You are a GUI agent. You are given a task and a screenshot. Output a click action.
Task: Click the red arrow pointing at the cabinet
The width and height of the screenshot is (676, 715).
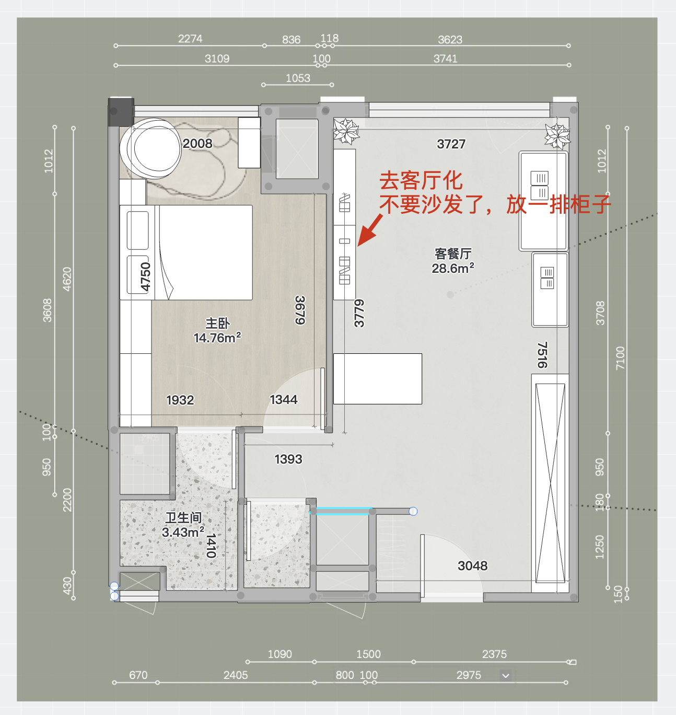(370, 230)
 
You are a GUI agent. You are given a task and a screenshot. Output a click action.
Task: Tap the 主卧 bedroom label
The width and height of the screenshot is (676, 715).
(217, 324)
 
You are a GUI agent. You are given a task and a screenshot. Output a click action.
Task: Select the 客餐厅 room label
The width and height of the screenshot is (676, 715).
(453, 253)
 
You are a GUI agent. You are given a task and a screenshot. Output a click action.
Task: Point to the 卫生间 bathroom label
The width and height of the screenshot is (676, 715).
(183, 517)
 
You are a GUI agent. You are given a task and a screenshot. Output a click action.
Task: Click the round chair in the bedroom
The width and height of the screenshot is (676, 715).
(150, 148)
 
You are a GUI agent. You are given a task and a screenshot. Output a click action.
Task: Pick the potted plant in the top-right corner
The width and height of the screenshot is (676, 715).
(557, 136)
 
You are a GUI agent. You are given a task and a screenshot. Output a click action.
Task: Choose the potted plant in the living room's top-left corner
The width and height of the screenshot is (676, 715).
(346, 131)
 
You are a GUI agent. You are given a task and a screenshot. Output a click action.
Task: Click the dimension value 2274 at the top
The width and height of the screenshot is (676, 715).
(190, 39)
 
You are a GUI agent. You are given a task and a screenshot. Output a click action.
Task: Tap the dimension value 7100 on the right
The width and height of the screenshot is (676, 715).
(620, 358)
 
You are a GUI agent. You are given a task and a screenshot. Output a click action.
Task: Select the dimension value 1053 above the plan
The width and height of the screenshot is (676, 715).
(298, 78)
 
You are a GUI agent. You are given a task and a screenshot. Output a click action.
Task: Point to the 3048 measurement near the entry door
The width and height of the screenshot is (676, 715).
(472, 566)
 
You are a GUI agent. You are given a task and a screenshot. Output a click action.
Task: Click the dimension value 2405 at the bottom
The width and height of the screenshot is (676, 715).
(236, 675)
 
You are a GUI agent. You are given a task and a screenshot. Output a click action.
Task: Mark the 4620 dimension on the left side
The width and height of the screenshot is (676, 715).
(67, 279)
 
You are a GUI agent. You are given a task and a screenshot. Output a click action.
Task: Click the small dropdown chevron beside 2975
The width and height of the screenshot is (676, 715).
(506, 676)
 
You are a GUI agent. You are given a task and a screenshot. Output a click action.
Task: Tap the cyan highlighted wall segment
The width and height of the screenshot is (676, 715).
(341, 511)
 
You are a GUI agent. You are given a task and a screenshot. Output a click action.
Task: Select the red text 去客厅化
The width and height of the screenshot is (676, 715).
(421, 181)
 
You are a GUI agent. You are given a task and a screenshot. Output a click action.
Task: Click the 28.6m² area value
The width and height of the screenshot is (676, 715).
(453, 268)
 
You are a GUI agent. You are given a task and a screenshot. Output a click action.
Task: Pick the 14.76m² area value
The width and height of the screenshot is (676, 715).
(217, 338)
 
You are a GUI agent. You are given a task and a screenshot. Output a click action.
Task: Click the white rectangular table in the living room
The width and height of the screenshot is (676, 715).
(378, 378)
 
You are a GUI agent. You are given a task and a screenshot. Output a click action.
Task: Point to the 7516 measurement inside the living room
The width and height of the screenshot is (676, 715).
(542, 355)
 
